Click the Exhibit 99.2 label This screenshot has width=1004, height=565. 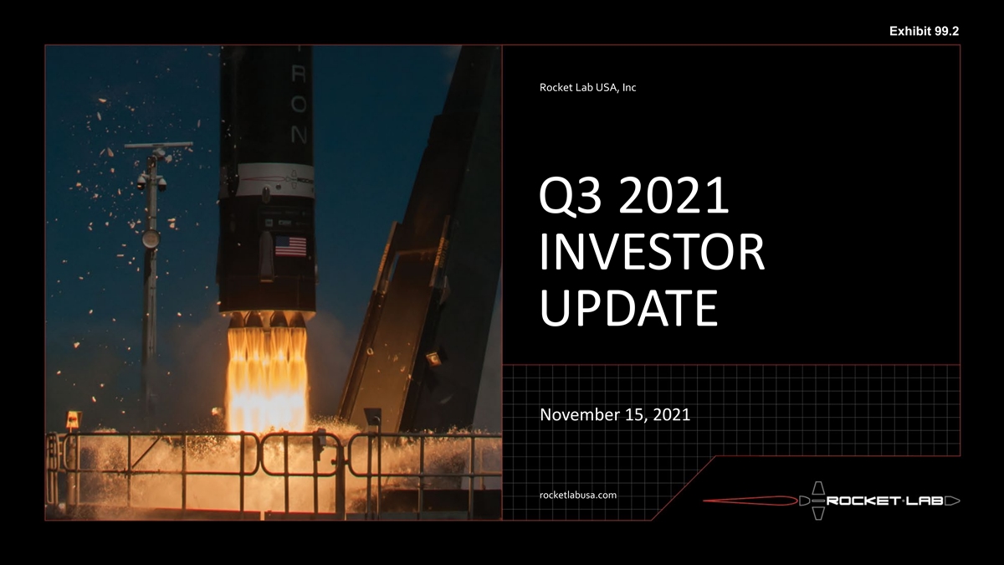coord(925,31)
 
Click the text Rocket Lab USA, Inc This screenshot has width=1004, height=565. coord(587,87)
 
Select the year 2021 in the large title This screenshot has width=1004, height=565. coord(674,195)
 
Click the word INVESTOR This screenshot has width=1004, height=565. coord(652,252)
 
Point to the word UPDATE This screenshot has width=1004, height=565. coord(629,308)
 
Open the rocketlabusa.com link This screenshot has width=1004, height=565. coord(578,495)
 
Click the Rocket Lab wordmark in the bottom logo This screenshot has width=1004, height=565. coord(887,501)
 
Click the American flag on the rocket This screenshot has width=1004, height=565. coord(290,246)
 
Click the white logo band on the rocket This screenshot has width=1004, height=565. coord(274,180)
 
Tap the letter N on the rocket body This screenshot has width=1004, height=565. coord(299,135)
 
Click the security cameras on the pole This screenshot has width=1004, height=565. coord(151,181)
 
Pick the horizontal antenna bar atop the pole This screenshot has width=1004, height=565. coord(159,145)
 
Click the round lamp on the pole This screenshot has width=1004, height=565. coord(151,239)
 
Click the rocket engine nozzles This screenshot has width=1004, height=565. coord(266,319)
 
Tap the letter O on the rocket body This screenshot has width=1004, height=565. coord(299,104)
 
